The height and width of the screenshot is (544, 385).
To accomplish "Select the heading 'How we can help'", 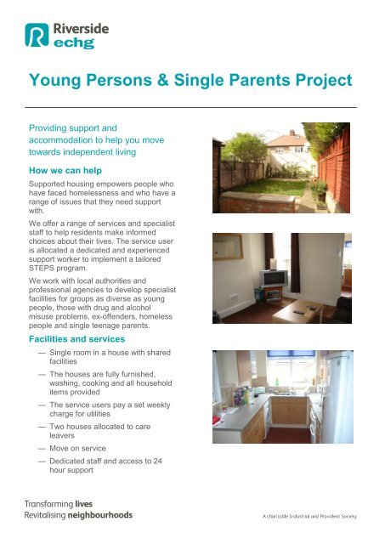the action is click(67, 169).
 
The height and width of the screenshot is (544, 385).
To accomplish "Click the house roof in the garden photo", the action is click(289, 136).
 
